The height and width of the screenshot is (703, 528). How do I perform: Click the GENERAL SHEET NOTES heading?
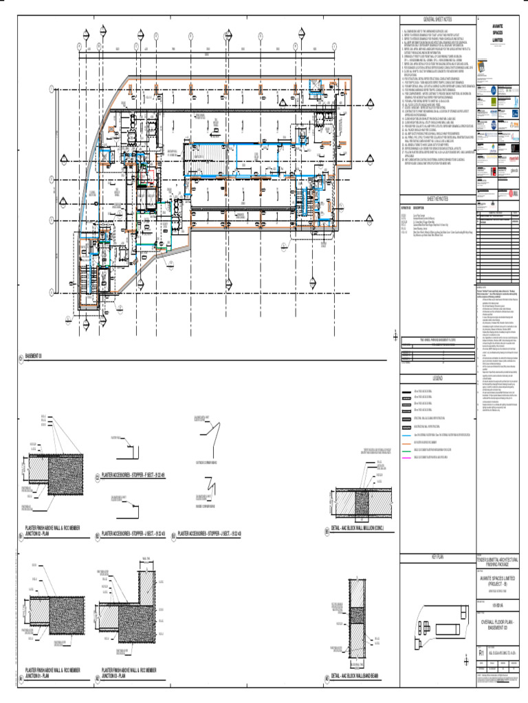(437, 21)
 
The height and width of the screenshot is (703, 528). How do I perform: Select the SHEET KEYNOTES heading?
(437, 196)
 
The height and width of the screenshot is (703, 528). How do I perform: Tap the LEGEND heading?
(437, 378)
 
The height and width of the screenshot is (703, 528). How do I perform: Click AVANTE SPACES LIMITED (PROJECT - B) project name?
(500, 581)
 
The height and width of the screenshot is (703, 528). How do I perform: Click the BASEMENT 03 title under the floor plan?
(34, 356)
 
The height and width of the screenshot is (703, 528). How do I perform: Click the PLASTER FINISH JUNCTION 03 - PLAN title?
(129, 672)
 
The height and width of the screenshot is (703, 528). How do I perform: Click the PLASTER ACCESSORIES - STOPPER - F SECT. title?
(133, 474)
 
